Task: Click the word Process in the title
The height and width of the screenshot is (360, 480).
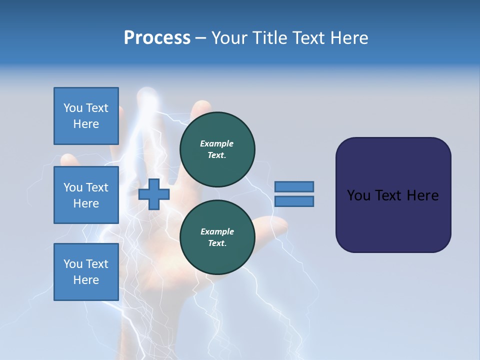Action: click(157, 38)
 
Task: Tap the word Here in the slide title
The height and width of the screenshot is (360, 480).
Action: click(347, 38)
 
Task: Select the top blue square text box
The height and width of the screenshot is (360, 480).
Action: click(86, 116)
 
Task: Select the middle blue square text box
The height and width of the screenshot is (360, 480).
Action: click(86, 195)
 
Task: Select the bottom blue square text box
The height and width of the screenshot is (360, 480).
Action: click(86, 272)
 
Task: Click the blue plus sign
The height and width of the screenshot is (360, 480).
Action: click(154, 194)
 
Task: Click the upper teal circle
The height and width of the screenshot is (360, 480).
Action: click(217, 149)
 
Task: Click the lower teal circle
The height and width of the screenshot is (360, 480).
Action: click(217, 237)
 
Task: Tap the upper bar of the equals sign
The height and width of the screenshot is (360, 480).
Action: click(294, 186)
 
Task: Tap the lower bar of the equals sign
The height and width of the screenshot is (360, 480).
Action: click(294, 201)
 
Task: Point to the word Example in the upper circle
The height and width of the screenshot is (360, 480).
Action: click(217, 143)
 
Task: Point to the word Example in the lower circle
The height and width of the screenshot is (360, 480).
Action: click(217, 231)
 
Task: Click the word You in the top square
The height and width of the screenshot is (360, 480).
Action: click(73, 108)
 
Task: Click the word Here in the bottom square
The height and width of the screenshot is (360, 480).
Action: click(86, 280)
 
